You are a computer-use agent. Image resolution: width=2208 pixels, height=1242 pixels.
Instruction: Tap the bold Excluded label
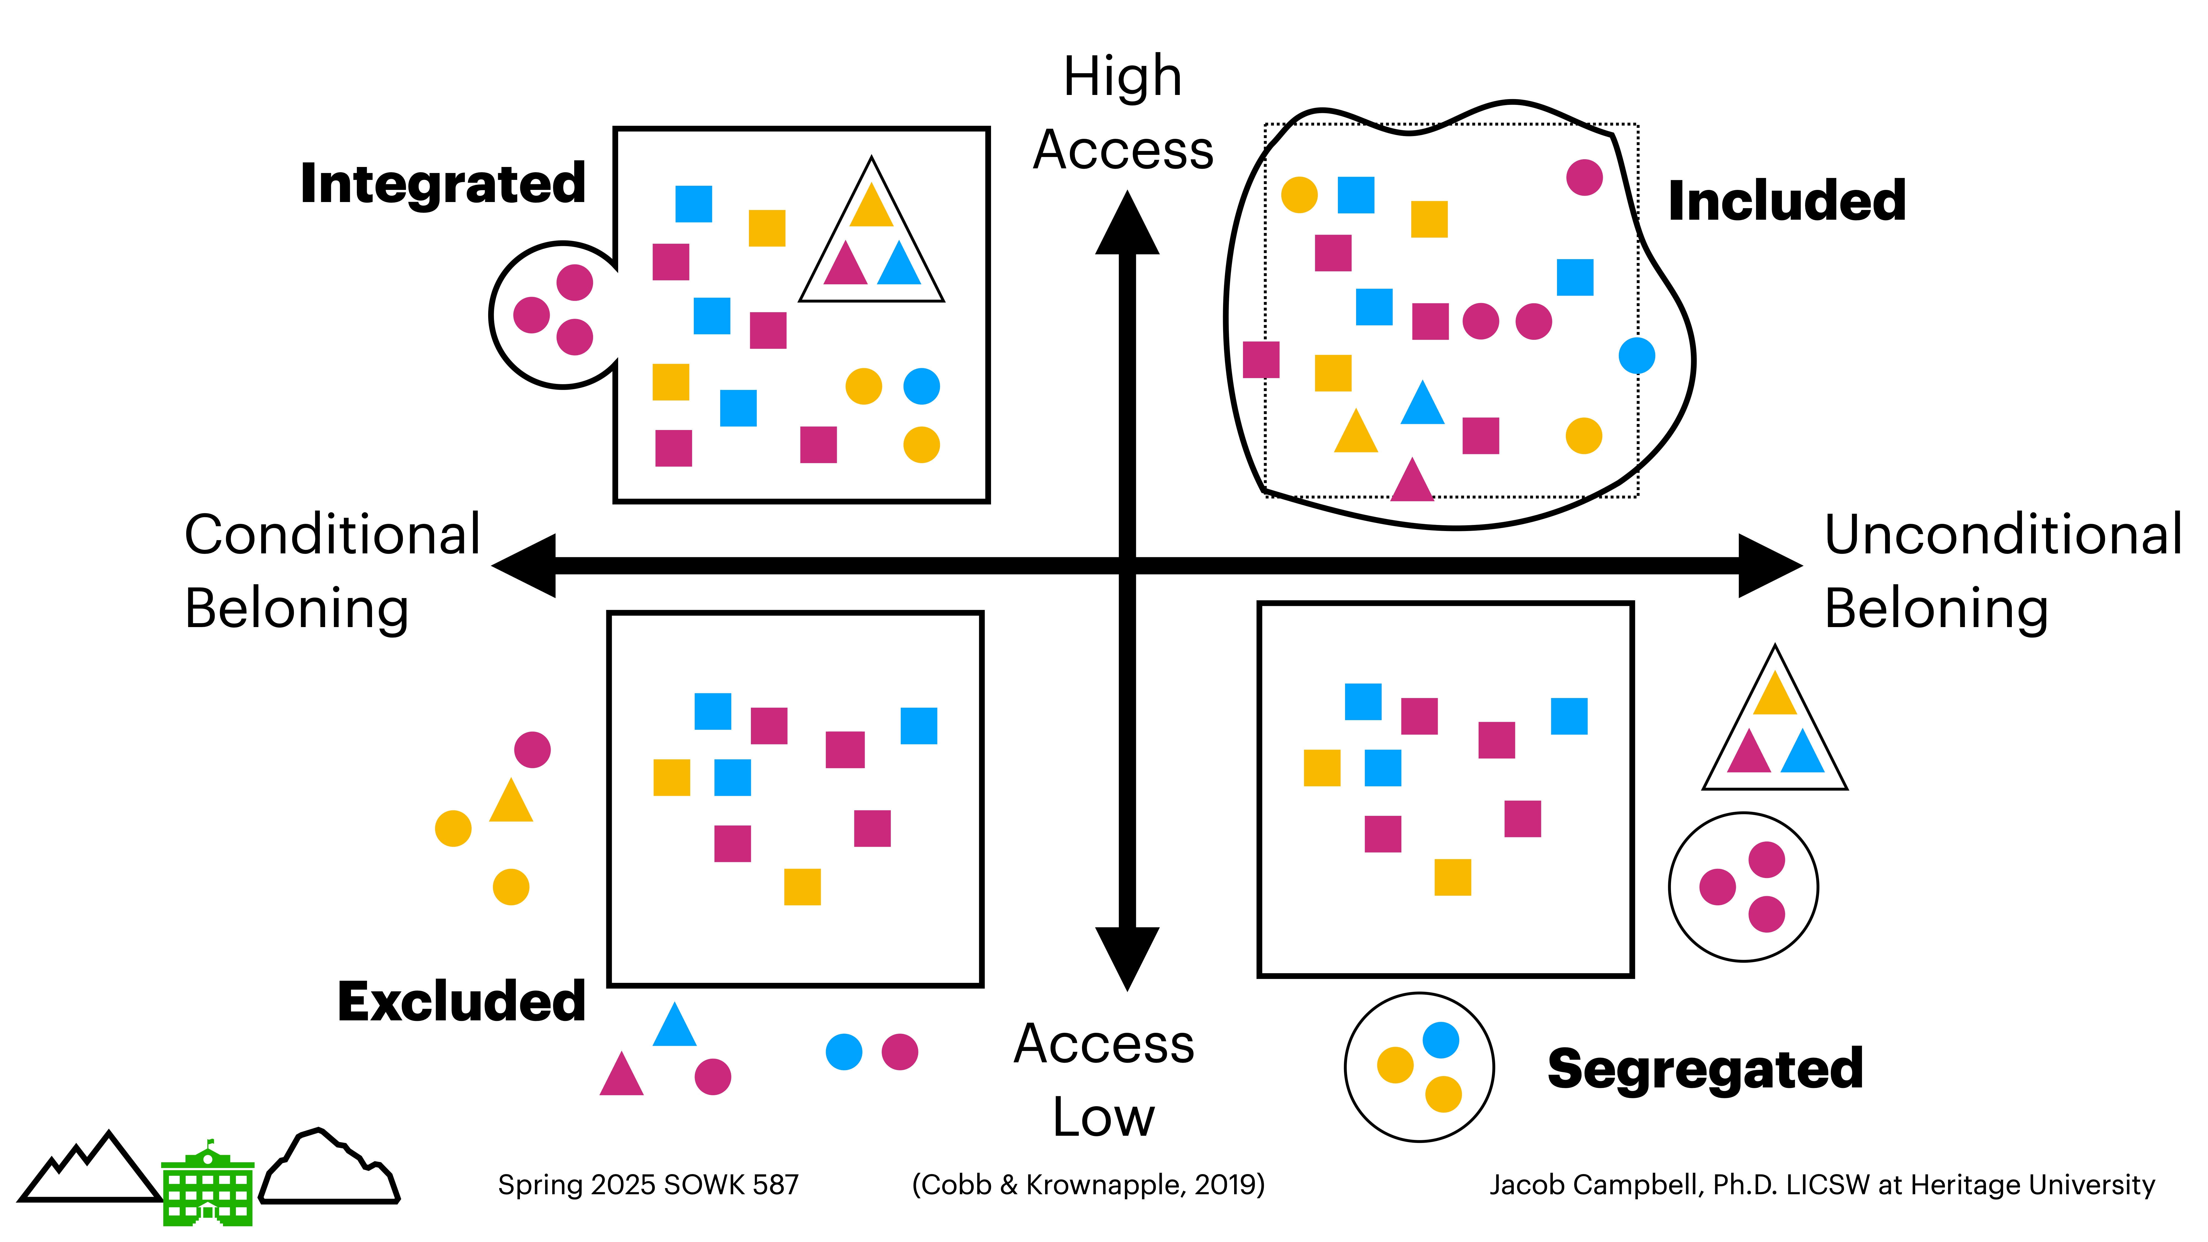point(461,1001)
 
